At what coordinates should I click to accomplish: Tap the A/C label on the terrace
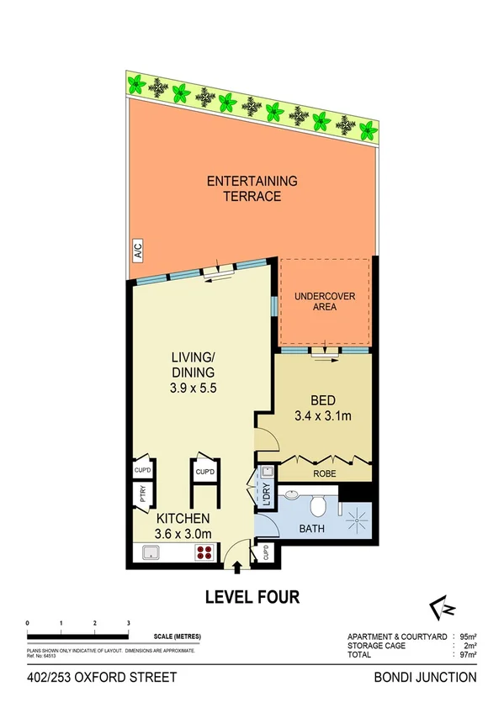[135, 250]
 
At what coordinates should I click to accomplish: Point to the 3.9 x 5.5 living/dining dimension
[194, 388]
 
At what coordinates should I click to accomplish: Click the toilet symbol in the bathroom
[318, 505]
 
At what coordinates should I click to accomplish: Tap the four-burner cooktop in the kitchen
[204, 553]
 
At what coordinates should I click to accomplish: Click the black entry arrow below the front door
[236, 569]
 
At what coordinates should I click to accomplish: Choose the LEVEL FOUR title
[252, 598]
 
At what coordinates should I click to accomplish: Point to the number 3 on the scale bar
[128, 623]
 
